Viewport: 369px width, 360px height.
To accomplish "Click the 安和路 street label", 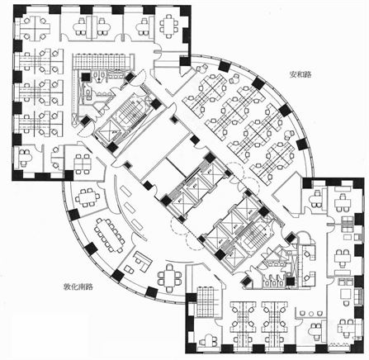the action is [300, 74].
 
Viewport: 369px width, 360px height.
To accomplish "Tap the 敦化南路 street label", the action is [78, 287].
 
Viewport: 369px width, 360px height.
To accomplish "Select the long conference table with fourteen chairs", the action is [109, 235].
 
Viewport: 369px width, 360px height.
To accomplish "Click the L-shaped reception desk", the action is [143, 261].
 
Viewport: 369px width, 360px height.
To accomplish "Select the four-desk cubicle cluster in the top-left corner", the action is [34, 27].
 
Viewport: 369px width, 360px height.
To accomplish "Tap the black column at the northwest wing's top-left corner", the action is [19, 11].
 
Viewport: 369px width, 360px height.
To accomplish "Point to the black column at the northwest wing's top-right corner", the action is [186, 11].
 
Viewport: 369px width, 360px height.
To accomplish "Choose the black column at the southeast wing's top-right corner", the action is [358, 183].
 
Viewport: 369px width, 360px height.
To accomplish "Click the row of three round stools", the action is [310, 314].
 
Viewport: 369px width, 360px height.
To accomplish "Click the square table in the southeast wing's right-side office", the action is [347, 295].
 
